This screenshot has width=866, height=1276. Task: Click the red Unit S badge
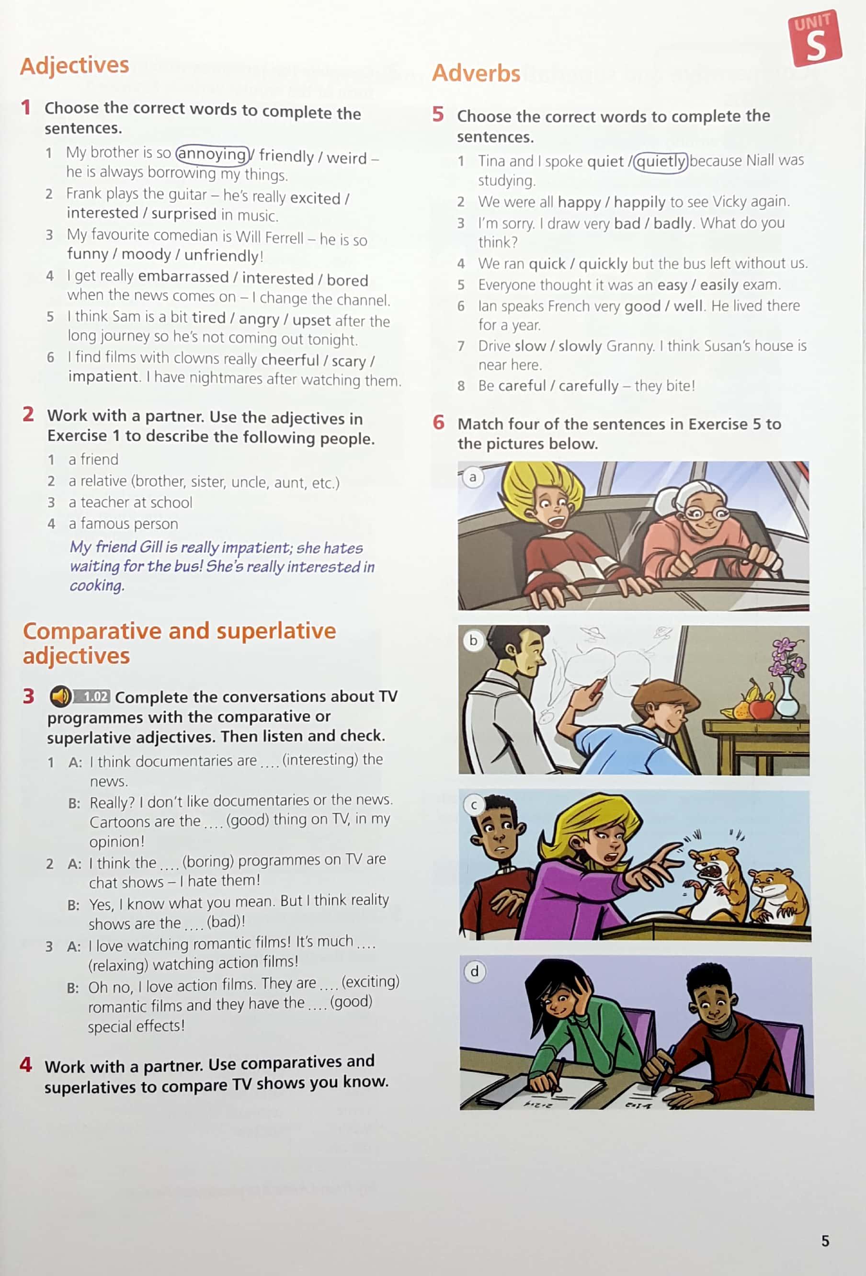(816, 38)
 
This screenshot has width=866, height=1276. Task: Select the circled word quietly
(661, 162)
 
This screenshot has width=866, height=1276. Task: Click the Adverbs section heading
(476, 73)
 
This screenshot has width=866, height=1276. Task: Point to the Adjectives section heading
(75, 65)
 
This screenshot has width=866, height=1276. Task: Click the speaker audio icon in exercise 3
(60, 697)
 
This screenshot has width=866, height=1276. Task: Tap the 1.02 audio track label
(91, 697)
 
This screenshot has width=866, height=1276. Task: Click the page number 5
(825, 1241)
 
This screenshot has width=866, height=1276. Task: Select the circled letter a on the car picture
(472, 477)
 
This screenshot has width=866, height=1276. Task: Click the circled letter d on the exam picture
(475, 971)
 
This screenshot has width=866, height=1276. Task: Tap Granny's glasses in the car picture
(705, 514)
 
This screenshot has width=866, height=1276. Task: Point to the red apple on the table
(761, 708)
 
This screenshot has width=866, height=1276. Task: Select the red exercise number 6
(438, 422)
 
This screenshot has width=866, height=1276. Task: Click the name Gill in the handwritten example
(151, 547)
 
